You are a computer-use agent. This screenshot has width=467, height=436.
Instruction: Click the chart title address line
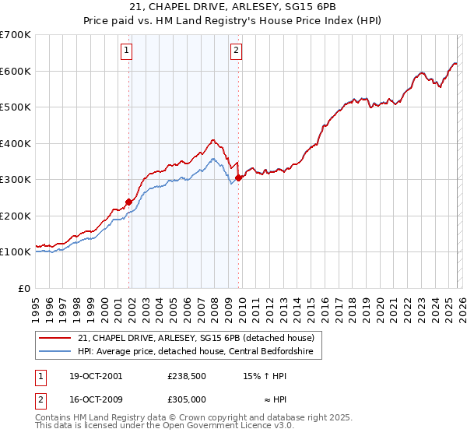click(233, 8)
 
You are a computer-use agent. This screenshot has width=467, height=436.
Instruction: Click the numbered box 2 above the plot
click(236, 51)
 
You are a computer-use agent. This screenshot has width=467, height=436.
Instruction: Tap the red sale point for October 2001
click(128, 202)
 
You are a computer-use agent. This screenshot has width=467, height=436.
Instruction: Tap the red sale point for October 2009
click(238, 178)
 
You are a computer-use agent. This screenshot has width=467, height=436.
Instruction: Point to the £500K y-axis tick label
click(16, 107)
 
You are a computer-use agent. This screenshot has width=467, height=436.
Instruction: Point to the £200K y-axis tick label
click(16, 216)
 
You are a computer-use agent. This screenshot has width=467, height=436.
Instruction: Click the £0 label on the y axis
click(23, 288)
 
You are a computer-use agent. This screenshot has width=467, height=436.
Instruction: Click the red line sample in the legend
click(55, 338)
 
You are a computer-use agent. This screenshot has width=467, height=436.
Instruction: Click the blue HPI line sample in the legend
click(55, 351)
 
